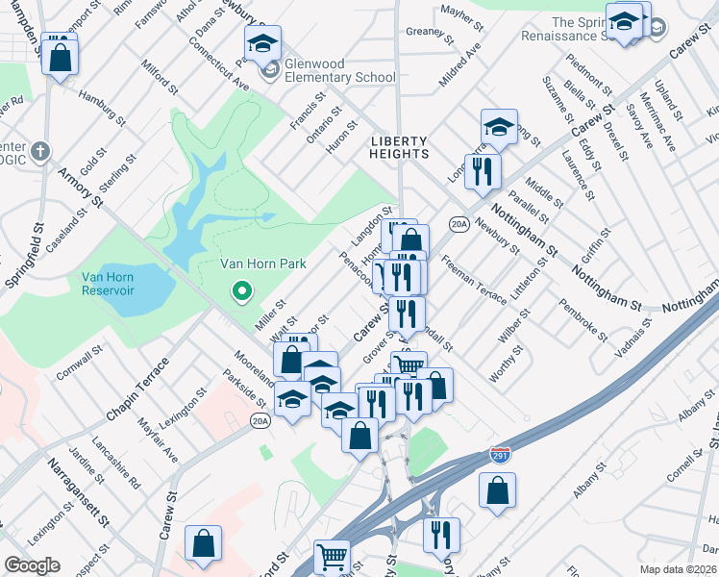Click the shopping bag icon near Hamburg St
click(x=60, y=58)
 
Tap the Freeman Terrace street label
click(x=474, y=280)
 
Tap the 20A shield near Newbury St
click(x=459, y=225)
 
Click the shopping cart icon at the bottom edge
click(x=333, y=555)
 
